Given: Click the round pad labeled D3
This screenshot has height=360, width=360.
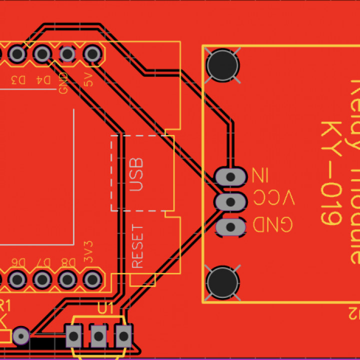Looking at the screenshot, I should (17, 53).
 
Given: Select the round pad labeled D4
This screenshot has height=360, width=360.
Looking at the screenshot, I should (42, 53).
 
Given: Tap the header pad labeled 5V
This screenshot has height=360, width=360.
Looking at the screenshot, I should (91, 53).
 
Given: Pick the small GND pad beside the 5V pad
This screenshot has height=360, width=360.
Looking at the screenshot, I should (67, 53).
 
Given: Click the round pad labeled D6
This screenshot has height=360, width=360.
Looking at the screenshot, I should (17, 279).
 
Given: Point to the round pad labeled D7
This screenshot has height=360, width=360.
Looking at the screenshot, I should (42, 279).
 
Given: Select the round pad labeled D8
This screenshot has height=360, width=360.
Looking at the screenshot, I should (67, 279).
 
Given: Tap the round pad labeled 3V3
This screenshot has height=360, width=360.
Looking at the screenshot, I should (91, 279).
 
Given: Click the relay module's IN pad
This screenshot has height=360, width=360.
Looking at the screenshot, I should (231, 176).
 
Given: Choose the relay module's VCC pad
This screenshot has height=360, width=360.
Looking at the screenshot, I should (231, 201).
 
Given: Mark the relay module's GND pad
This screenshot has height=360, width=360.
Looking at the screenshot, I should (231, 227).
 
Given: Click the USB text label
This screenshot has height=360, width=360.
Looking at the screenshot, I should (136, 175).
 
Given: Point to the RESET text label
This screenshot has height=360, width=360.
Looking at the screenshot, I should (137, 245).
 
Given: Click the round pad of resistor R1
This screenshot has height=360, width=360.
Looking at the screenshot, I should (20, 335).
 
